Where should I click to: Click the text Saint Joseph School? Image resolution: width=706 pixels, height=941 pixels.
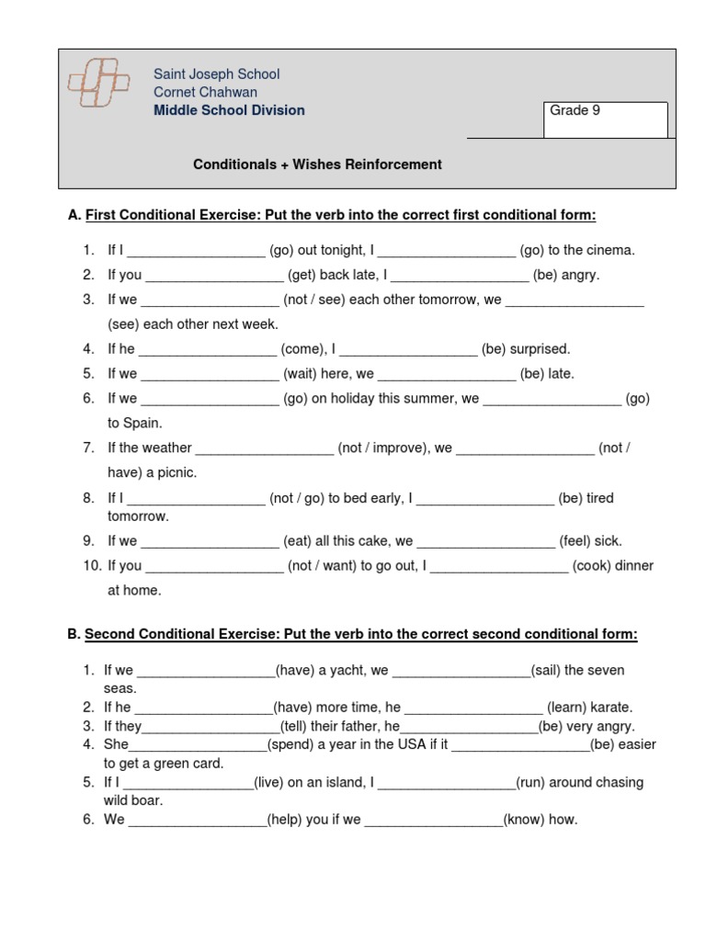[x=217, y=74]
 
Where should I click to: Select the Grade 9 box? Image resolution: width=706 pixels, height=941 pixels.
[x=605, y=119]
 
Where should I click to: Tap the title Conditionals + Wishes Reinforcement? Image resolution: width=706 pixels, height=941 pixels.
[x=317, y=164]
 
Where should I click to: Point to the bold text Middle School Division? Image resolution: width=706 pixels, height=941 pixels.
[x=229, y=110]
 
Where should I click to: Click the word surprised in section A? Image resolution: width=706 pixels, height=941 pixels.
[x=541, y=349]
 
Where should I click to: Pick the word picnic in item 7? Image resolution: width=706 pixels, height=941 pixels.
[x=176, y=473]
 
